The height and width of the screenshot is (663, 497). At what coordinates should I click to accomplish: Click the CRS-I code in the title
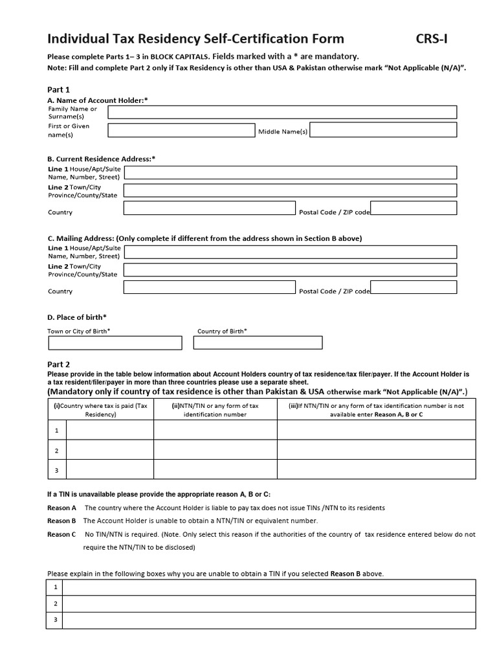431,39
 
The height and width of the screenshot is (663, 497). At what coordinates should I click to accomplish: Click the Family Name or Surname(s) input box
282,113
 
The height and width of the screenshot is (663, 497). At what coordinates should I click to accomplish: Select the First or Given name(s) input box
181,130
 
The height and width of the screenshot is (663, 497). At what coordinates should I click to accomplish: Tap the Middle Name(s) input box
383,130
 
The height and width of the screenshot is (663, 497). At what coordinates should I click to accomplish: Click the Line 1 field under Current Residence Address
290,172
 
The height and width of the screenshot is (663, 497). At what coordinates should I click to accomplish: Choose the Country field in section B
210,208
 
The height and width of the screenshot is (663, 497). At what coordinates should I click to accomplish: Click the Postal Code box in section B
414,208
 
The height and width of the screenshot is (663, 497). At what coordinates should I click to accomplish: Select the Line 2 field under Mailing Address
290,269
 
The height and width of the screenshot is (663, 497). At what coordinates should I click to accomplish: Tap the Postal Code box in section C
414,287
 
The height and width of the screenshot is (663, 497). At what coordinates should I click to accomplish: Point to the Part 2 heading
59,365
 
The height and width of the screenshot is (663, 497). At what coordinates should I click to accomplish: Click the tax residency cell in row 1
110,430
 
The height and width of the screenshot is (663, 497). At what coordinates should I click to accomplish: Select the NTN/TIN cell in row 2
215,450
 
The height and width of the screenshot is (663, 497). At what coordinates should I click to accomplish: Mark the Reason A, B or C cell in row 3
376,469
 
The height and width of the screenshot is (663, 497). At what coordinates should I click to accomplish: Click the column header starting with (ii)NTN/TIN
215,410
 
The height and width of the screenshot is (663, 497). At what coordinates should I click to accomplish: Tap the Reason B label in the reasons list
61,521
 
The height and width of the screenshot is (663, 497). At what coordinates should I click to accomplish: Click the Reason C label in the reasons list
61,534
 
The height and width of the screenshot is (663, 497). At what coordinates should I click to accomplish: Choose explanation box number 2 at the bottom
269,603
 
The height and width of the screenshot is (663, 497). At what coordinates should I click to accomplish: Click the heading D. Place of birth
77,317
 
